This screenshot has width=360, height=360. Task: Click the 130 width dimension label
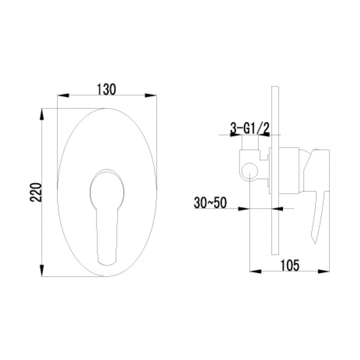click(x=107, y=90)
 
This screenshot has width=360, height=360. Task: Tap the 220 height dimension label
click(x=36, y=193)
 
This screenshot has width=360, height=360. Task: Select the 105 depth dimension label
click(x=290, y=265)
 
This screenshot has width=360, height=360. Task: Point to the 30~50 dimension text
click(x=210, y=203)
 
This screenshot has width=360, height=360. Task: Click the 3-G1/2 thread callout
click(x=250, y=129)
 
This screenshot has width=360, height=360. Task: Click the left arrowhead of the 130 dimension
click(x=63, y=95)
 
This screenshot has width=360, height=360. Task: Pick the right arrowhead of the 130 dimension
click(x=151, y=95)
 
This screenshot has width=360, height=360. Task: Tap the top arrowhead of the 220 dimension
click(x=41, y=114)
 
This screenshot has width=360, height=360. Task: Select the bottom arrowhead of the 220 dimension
click(x=41, y=270)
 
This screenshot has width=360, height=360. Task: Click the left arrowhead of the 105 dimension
click(x=256, y=271)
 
